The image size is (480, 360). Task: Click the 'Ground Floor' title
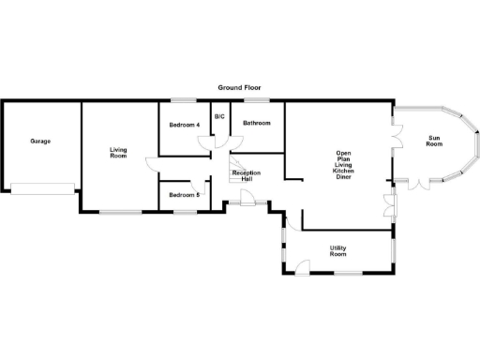coord(239,86)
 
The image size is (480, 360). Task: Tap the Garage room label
coord(40,142)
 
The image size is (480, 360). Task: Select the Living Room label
coord(118,153)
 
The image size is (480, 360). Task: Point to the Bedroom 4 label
coord(185,125)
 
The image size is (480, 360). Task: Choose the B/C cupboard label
coord(219,116)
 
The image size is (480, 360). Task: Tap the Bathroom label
coord(257,124)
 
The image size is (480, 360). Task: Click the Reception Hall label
coord(247,175)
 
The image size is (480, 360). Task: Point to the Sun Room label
coord(433,141)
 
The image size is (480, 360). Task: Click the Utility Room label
coord(337,251)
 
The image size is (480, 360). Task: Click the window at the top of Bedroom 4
coord(184,101)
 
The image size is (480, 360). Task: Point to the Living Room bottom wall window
coord(120,213)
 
